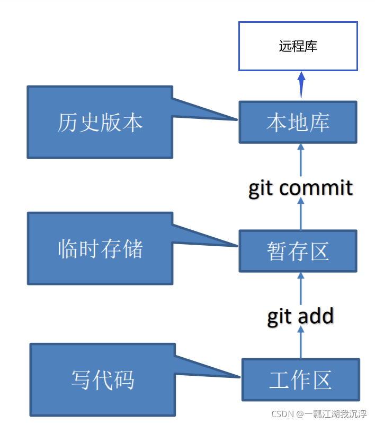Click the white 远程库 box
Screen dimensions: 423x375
[298, 46]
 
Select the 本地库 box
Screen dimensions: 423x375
[298, 123]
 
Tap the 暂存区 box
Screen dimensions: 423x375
[298, 251]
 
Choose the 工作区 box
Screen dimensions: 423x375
[300, 379]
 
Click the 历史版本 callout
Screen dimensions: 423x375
[100, 123]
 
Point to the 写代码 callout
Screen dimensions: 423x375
[102, 379]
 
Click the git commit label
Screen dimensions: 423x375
[300, 188]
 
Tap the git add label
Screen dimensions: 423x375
[300, 316]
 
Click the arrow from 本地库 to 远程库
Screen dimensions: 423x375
[301, 85]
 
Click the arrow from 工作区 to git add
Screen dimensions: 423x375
[301, 342]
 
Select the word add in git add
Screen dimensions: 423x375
[315, 316]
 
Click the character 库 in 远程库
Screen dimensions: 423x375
[311, 46]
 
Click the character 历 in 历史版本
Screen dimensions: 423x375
[67, 123]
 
